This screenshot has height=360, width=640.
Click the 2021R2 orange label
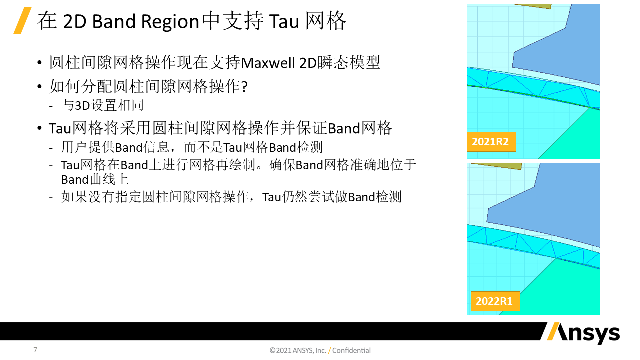[x=491, y=142]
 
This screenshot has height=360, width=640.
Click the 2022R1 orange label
[x=495, y=301]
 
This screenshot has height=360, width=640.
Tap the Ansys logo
[x=583, y=333]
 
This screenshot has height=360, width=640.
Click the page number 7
[x=35, y=350]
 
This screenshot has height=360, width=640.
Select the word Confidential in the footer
[x=351, y=350]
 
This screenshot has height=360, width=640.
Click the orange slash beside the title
[x=23, y=20]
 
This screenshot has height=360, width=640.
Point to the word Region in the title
[x=170, y=22]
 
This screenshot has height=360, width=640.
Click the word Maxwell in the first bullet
[x=268, y=63]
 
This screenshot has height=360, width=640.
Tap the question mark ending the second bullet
[x=245, y=86]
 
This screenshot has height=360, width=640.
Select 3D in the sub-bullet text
[x=82, y=105]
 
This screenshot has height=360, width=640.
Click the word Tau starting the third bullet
[x=60, y=128]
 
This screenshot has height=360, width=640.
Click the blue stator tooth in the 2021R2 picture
[x=560, y=48]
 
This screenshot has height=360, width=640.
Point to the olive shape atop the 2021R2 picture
[x=533, y=6]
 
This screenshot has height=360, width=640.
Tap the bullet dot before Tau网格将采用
[x=39, y=128]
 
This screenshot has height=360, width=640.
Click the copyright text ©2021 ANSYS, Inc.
[x=298, y=350]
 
